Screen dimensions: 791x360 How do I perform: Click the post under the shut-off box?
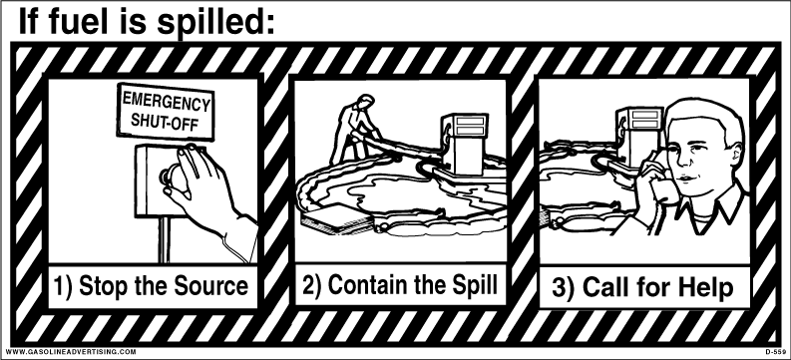point(165,238)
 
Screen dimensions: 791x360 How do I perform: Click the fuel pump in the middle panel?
point(464,145)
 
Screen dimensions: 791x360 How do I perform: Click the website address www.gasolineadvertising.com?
point(71,351)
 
